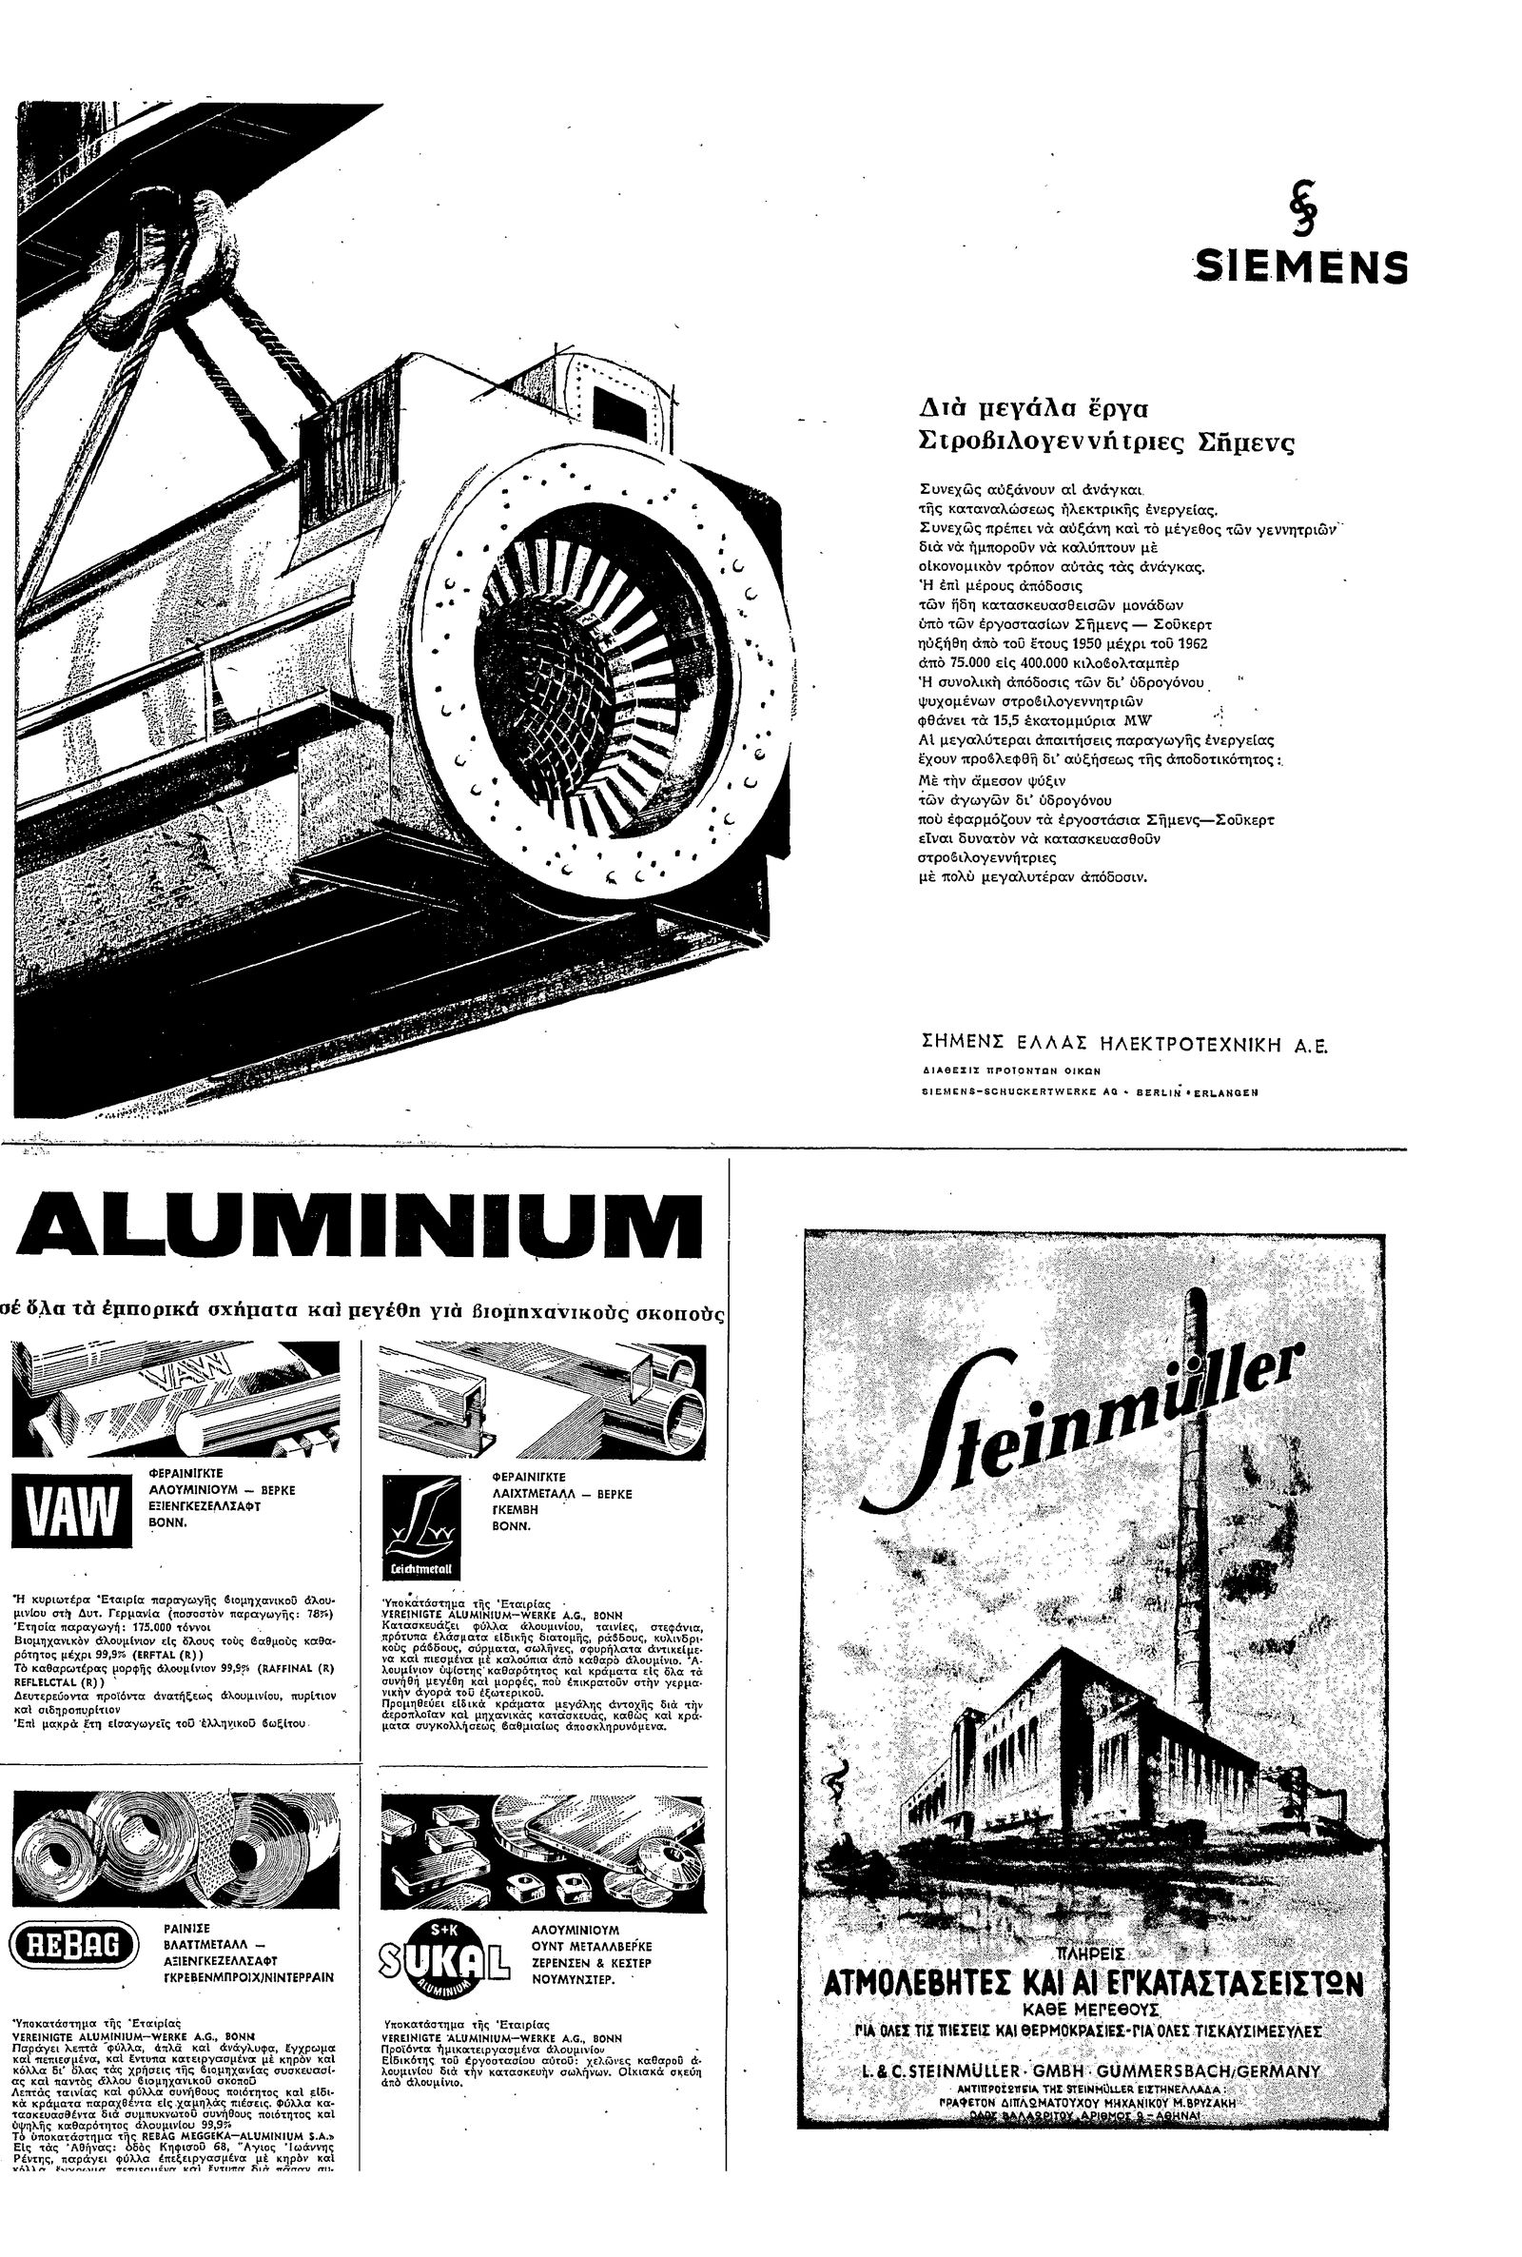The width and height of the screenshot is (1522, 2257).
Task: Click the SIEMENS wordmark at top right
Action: [x=1300, y=267]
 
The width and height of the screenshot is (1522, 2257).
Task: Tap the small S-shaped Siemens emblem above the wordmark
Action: [x=1299, y=211]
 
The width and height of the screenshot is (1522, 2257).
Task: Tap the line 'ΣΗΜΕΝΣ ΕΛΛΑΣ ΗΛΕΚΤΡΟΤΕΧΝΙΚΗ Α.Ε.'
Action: [x=1123, y=1046]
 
